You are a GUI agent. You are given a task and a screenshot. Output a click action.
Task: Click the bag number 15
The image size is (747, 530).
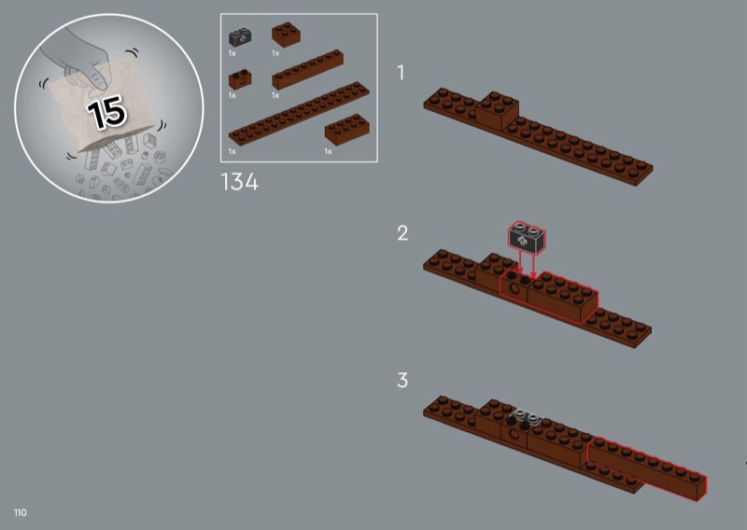click(x=106, y=112)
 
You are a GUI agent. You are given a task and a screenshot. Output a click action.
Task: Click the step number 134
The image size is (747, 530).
click(x=240, y=182)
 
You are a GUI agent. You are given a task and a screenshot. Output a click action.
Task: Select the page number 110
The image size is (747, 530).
click(x=21, y=512)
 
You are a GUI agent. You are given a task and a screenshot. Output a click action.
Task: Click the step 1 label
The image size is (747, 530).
click(x=401, y=73)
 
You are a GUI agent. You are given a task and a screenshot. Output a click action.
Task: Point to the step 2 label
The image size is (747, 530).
click(x=402, y=233)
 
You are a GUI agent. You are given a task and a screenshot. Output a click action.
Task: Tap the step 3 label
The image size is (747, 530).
click(x=402, y=380)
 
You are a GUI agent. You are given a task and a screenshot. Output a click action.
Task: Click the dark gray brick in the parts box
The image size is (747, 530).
click(x=240, y=37)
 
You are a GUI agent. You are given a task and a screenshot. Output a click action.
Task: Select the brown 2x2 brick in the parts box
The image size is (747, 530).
click(x=286, y=35)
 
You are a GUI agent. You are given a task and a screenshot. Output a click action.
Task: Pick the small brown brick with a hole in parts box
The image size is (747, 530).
click(x=240, y=79)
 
